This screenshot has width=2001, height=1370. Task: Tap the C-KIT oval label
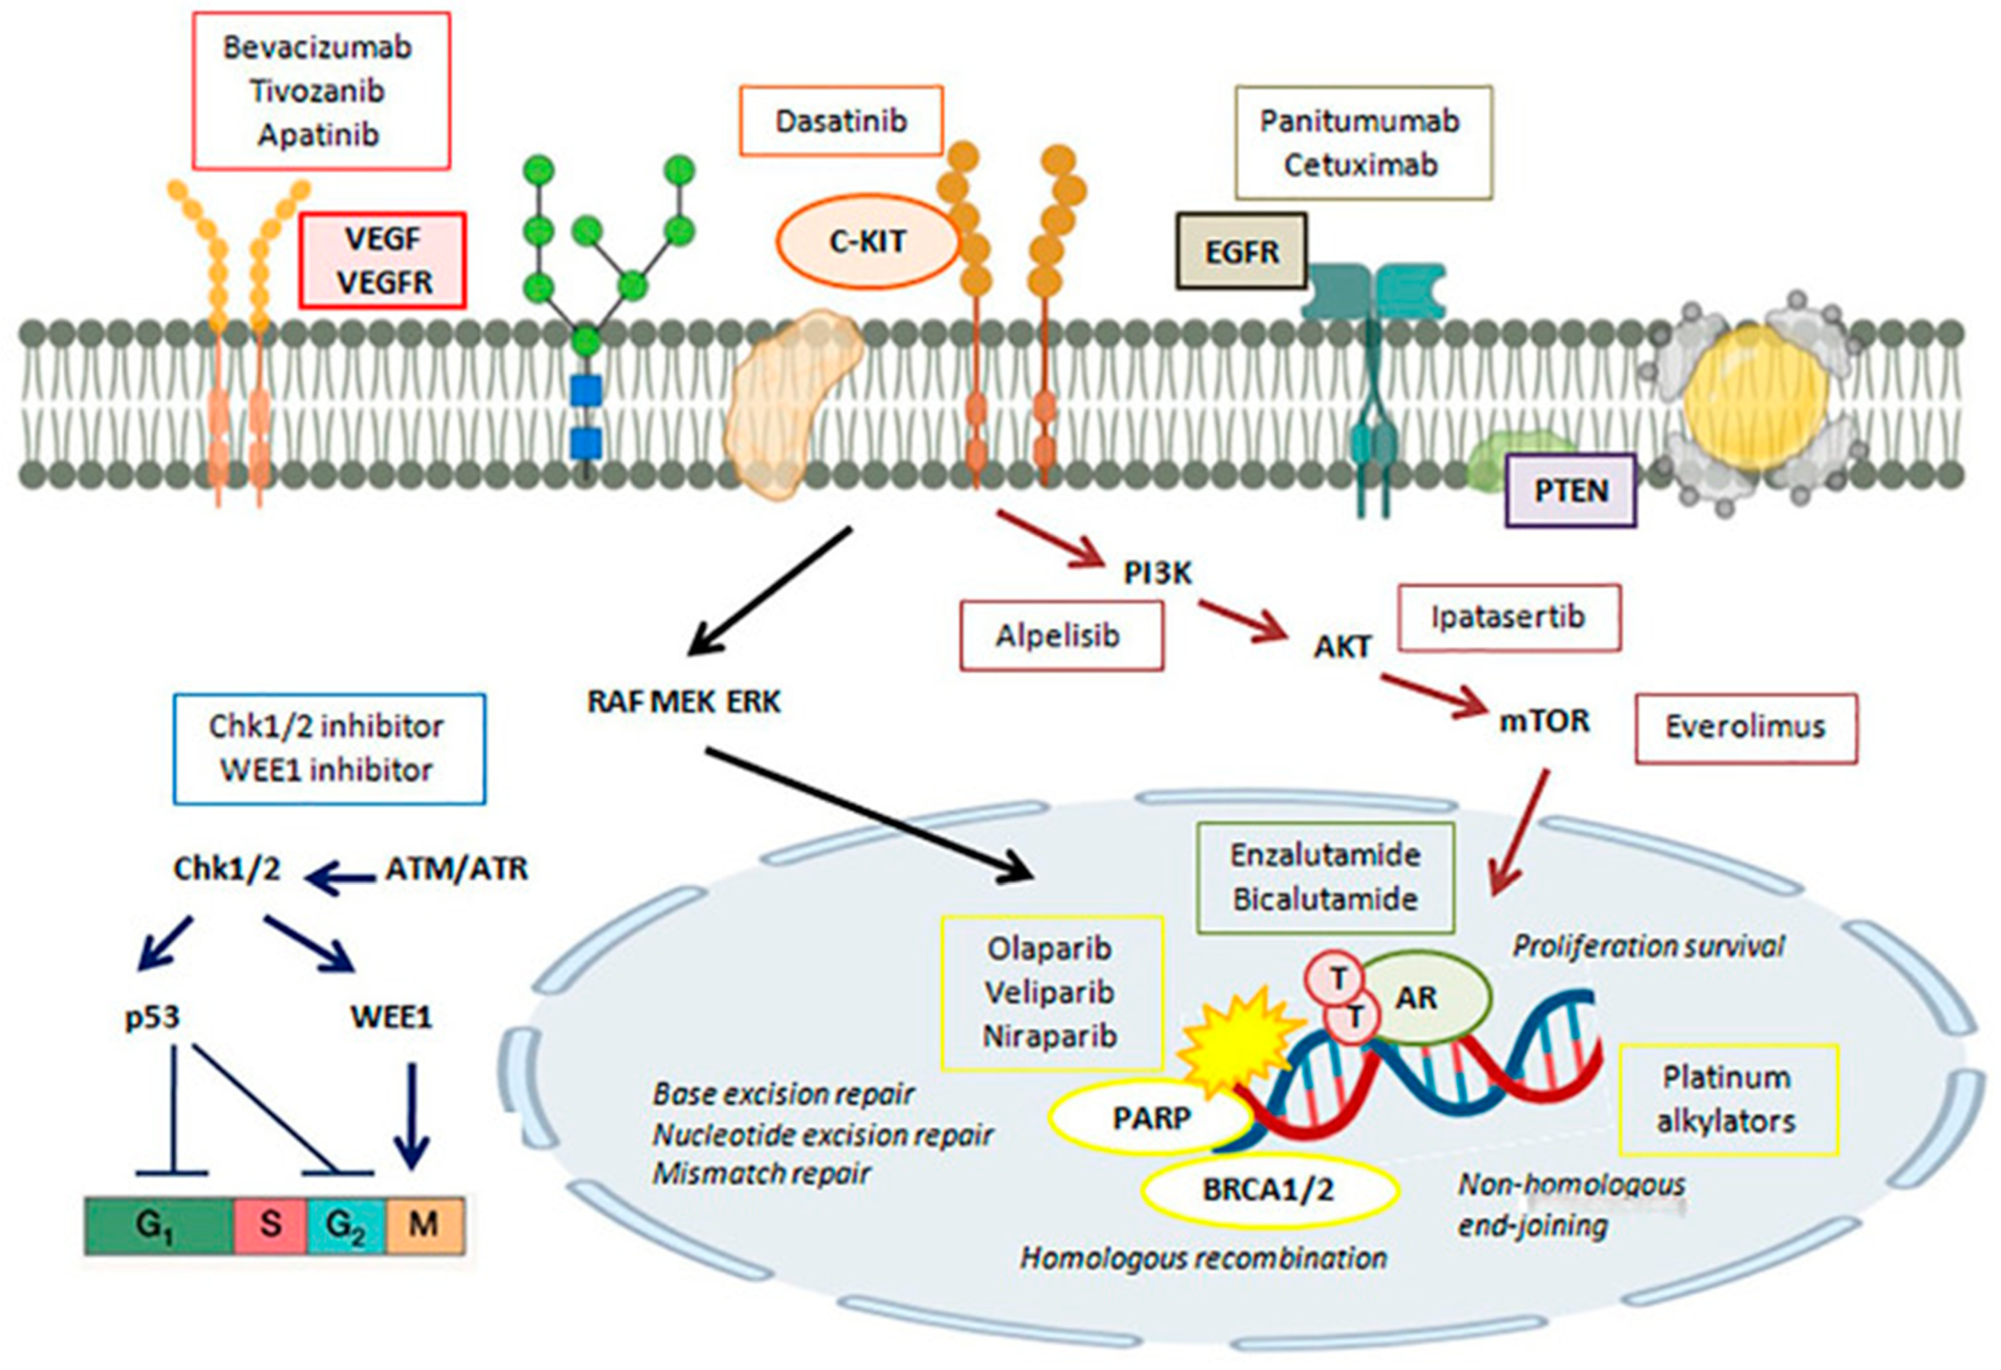pos(867,241)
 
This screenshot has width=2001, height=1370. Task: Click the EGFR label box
pos(1242,251)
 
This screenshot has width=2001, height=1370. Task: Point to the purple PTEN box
pos(1570,490)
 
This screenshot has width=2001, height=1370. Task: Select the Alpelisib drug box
pos(1061,636)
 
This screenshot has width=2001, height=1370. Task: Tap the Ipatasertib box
pos(1508,617)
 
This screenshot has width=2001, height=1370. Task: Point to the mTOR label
pos(1545,720)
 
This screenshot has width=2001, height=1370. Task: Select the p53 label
pos(153,1017)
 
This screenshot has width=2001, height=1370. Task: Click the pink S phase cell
pos(270,1224)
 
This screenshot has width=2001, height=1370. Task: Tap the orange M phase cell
pos(424,1224)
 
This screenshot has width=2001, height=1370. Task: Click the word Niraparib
pos(1049,1036)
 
